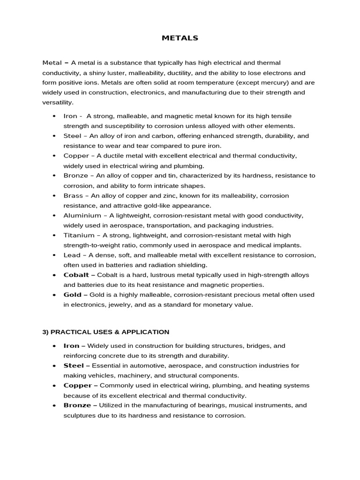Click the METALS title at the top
tap(180, 38)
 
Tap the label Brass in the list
tap(73, 195)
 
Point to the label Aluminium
tap(82, 215)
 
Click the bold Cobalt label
tap(76, 275)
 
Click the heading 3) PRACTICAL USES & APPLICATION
tap(106, 332)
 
